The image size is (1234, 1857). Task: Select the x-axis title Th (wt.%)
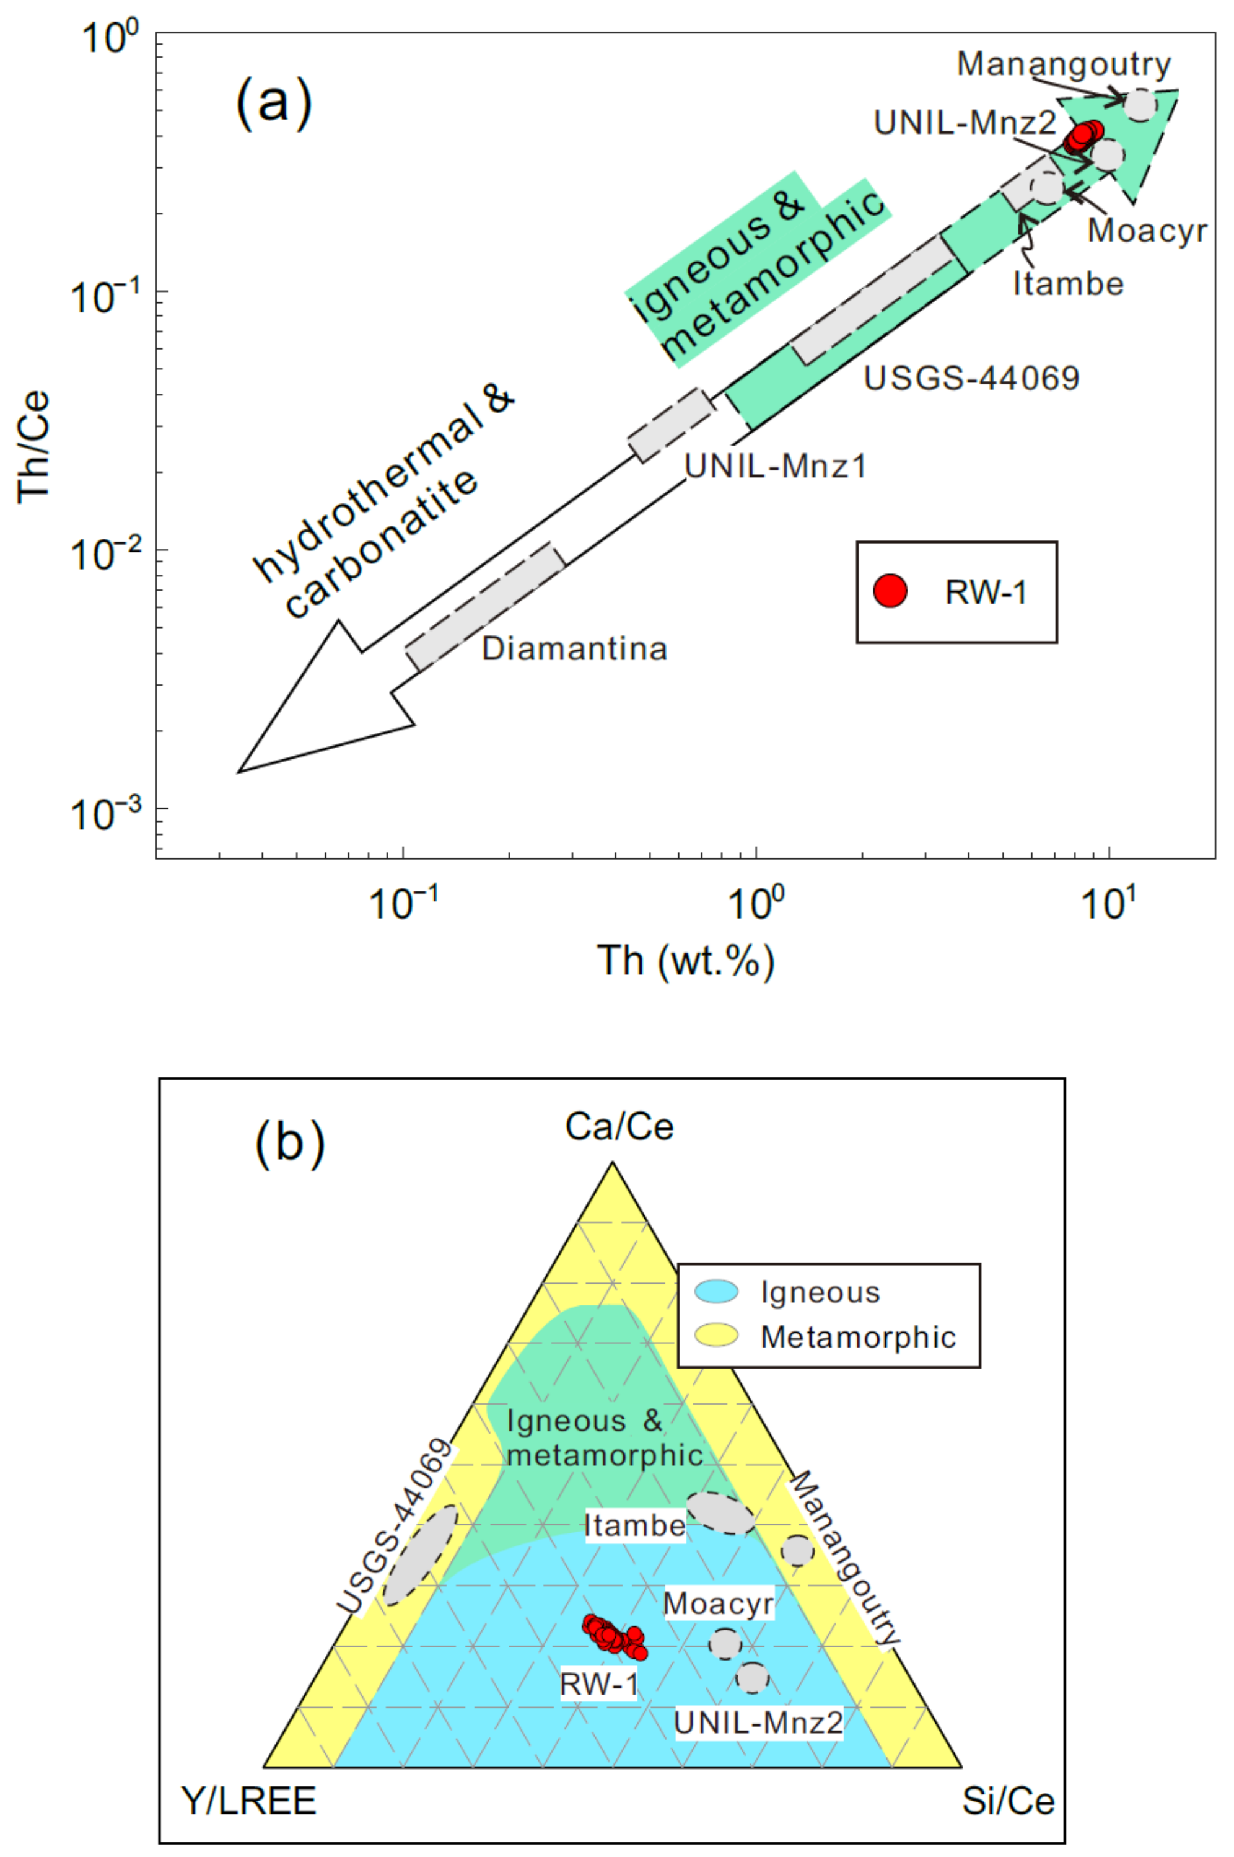[x=685, y=960]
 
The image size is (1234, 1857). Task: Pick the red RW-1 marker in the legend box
[x=890, y=591]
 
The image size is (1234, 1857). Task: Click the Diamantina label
[x=574, y=649]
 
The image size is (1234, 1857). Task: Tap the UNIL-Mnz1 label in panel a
[x=775, y=467]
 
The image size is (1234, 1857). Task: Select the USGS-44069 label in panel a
[x=972, y=379]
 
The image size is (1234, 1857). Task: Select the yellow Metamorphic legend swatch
[x=717, y=1336]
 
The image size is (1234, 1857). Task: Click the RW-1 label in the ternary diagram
[x=599, y=1684]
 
